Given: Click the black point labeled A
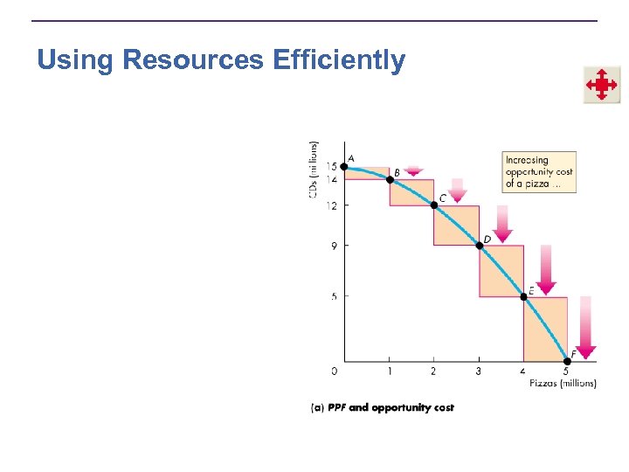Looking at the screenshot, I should point(344,167).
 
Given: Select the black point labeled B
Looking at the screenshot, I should point(390,180).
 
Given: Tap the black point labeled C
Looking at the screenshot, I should point(434,205).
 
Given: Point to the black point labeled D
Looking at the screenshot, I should point(479,246).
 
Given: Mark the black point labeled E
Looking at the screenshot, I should point(523,296).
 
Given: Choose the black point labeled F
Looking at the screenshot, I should point(566,361).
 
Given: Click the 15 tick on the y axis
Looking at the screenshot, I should point(332,167).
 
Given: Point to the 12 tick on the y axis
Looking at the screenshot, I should point(332,206).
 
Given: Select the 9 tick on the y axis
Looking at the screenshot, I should point(334,246).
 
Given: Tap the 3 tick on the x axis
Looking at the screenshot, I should point(478,371).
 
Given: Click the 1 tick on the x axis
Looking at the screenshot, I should point(390,371).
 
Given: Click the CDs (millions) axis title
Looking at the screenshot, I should point(314,170).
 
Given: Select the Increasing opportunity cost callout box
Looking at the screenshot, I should point(539,172).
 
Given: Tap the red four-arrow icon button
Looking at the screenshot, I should point(602,85).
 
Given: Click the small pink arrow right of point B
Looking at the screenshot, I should point(414,171).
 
